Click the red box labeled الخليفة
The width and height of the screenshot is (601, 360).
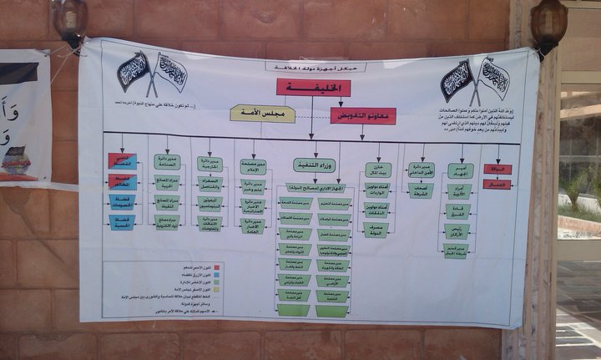coord(313,88)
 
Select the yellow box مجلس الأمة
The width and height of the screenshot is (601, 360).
coord(262,114)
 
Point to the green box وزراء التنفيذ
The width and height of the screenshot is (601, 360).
coord(314,165)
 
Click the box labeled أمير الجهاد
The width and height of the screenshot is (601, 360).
coord(460,170)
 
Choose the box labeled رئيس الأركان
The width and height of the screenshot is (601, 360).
coord(457,230)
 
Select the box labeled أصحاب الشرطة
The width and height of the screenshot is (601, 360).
coord(420,190)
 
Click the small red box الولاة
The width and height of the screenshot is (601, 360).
coord(497,169)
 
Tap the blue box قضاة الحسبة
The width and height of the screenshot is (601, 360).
coord(122,222)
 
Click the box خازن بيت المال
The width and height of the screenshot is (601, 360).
coord(377,170)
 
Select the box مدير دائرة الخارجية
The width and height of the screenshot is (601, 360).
coord(210,164)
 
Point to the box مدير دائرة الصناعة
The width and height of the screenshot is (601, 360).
coord(167,161)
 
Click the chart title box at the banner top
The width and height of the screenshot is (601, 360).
coord(304,67)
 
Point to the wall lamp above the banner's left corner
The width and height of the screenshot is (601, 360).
coord(71,21)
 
